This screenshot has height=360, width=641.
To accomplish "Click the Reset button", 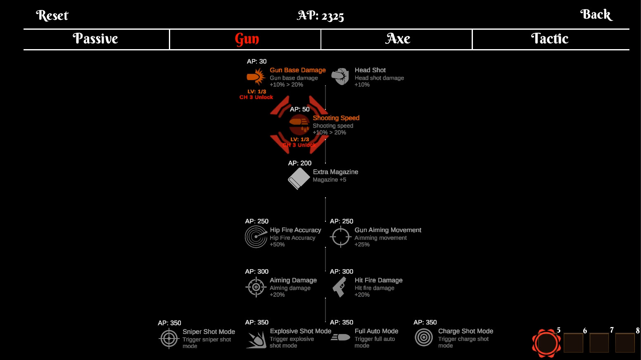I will (x=52, y=16).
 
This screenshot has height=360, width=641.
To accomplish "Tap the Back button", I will (x=596, y=15).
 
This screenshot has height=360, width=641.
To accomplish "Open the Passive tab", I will (x=96, y=39).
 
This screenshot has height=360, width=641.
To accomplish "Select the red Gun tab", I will (x=247, y=39).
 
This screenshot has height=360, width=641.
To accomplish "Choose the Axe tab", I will (x=398, y=39).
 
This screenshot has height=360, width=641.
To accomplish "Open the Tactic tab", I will (x=550, y=39).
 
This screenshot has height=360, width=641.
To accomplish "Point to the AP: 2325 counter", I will (x=320, y=16).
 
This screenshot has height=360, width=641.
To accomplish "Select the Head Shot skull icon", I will (x=340, y=76).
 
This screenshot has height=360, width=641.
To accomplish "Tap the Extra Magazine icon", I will (x=299, y=178).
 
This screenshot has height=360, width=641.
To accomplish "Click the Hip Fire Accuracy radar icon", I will (x=256, y=237).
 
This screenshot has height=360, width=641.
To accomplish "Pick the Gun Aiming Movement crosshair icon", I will (x=341, y=237).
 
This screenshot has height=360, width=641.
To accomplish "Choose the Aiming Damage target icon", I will (x=256, y=287).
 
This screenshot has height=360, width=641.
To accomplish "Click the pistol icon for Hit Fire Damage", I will (x=340, y=287).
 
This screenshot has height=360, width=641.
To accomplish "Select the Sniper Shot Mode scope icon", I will (x=169, y=339).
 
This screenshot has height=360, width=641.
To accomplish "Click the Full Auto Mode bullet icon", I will (x=341, y=338).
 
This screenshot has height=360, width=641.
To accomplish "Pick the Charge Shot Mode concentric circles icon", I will (x=424, y=338).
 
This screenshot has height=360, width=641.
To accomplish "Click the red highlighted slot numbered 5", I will (x=546, y=343).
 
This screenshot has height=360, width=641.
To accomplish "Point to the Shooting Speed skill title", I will (x=336, y=118).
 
